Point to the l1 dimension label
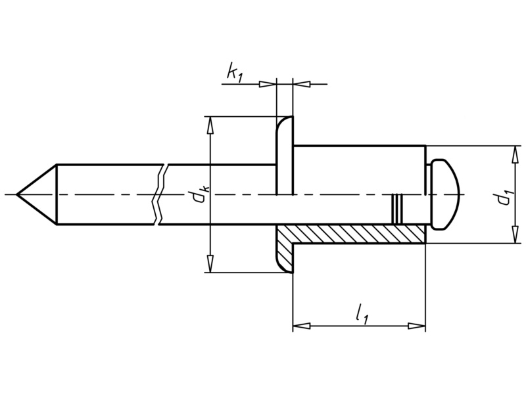click(x=362, y=314)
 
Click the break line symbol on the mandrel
click(x=160, y=195)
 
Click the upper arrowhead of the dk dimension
click(x=210, y=124)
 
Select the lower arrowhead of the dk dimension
click(x=210, y=265)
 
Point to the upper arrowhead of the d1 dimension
click(x=513, y=152)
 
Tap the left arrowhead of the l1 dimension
click(x=300, y=325)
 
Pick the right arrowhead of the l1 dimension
click(x=418, y=325)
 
